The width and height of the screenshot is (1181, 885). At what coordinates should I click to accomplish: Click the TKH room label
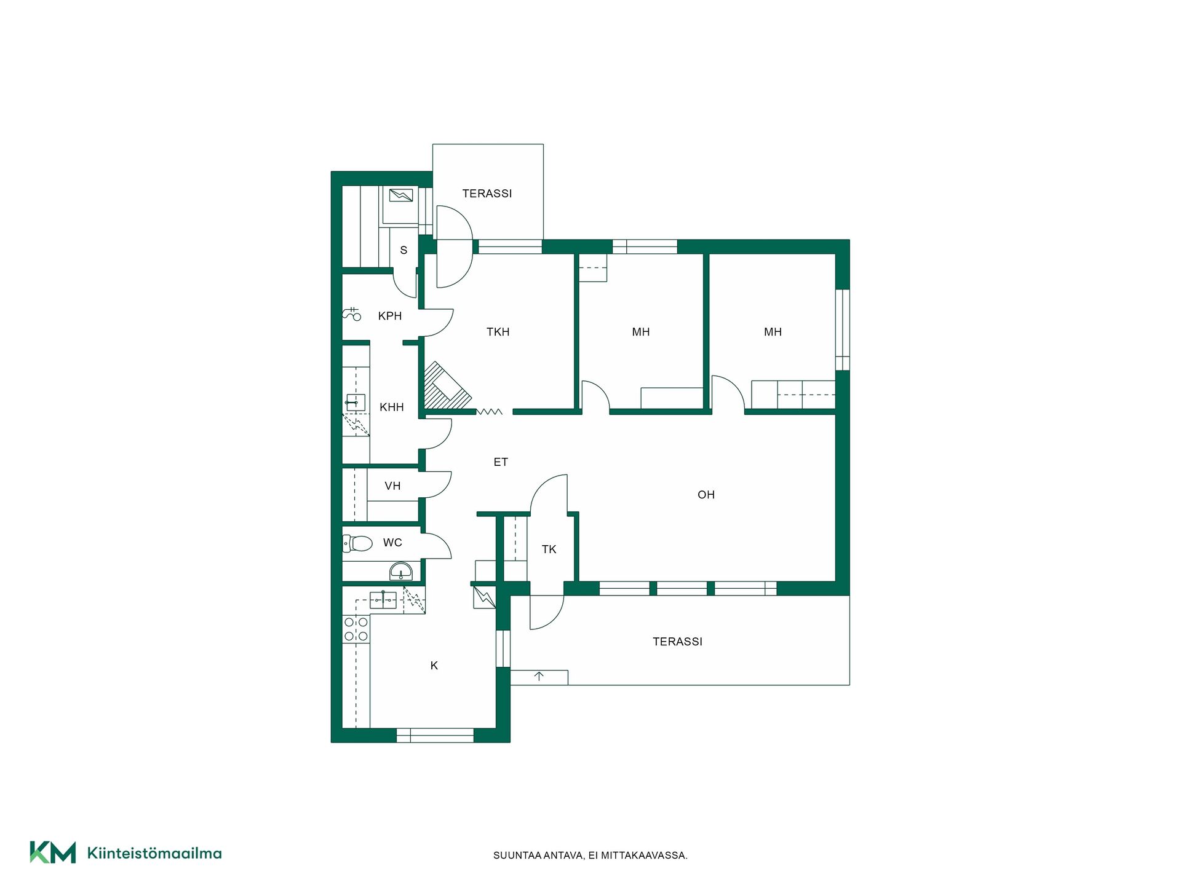tap(498, 332)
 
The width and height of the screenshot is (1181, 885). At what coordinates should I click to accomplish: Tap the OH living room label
tap(706, 495)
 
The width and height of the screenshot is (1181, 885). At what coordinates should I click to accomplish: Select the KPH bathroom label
tap(390, 316)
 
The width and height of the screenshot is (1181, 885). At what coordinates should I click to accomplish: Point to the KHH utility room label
tap(392, 407)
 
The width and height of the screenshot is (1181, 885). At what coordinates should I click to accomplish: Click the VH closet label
tap(392, 486)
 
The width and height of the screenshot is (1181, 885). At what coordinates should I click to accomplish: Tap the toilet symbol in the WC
tap(357, 543)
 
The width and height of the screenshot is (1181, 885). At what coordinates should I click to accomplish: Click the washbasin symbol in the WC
tap(401, 572)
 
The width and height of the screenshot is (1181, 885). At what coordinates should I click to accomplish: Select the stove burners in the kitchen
tap(356, 629)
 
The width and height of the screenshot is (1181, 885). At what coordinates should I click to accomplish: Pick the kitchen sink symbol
tap(383, 599)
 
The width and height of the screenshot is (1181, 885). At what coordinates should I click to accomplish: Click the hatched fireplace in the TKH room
tap(447, 386)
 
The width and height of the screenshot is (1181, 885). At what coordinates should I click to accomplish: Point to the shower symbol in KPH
tap(352, 314)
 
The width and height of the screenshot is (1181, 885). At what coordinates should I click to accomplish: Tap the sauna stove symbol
tap(401, 196)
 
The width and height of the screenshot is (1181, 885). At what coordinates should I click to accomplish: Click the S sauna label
tap(404, 250)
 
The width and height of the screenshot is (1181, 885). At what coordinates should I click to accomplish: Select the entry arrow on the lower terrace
tap(539, 677)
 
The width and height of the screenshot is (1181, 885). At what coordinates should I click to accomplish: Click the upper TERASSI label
tap(487, 194)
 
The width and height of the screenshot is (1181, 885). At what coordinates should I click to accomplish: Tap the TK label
tap(549, 549)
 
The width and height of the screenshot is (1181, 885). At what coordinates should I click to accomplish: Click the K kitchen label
tap(434, 666)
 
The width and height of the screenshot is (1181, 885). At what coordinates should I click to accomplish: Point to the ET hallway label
tap(501, 462)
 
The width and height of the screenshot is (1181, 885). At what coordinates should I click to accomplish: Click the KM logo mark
tap(53, 852)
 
